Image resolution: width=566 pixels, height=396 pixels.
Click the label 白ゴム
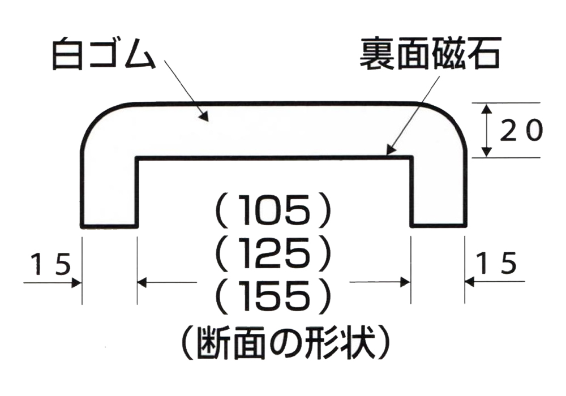pyautogui.click(x=104, y=55)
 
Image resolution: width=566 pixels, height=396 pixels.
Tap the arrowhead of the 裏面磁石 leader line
pyautogui.click(x=389, y=150)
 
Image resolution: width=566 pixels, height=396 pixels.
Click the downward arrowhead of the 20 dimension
pyautogui.click(x=486, y=153)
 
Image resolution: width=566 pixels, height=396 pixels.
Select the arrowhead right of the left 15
pyautogui.click(x=78, y=282)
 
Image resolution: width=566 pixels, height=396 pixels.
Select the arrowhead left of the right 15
pyautogui.click(x=470, y=282)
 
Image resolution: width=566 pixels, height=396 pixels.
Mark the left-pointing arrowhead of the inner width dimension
pyautogui.click(x=143, y=282)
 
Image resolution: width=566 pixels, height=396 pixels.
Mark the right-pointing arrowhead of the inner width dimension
pyautogui.click(x=405, y=282)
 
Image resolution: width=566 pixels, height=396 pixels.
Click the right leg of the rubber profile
pyautogui.click(x=438, y=192)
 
